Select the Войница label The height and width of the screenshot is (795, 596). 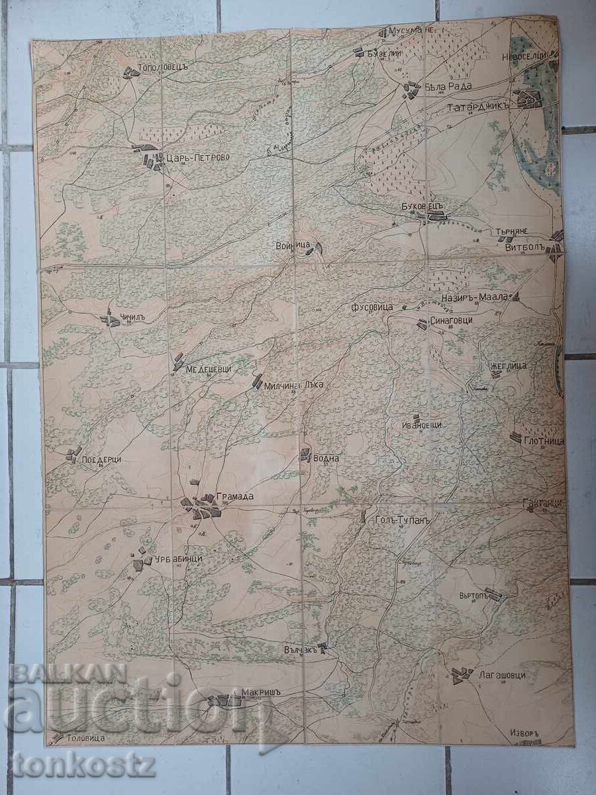click(292, 245)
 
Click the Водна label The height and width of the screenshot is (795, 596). click(326, 458)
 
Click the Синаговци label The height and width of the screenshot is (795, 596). click(452, 321)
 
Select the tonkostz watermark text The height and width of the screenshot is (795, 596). click(83, 765)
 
